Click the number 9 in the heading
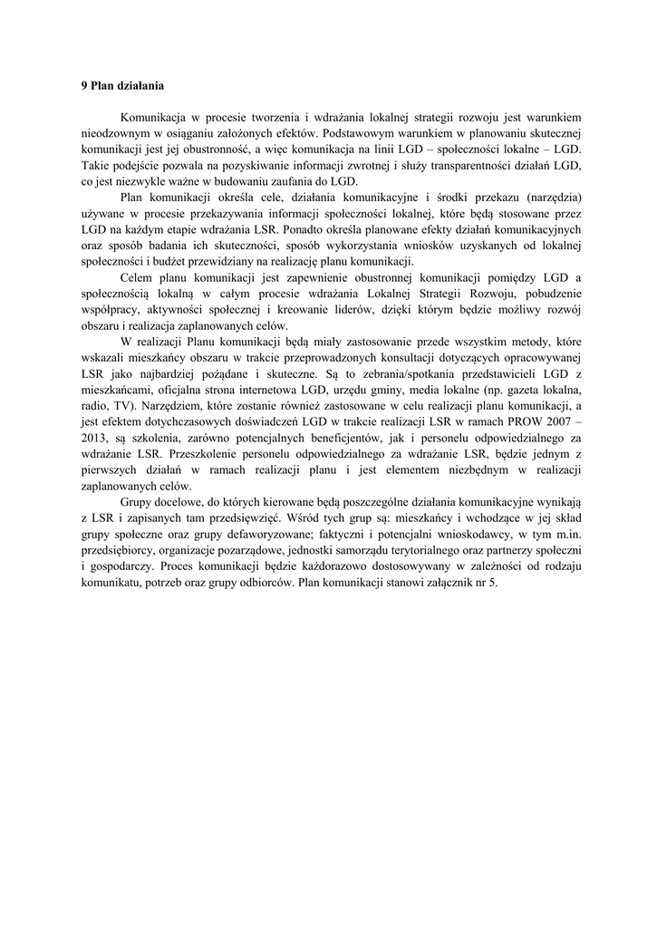[83, 86]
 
